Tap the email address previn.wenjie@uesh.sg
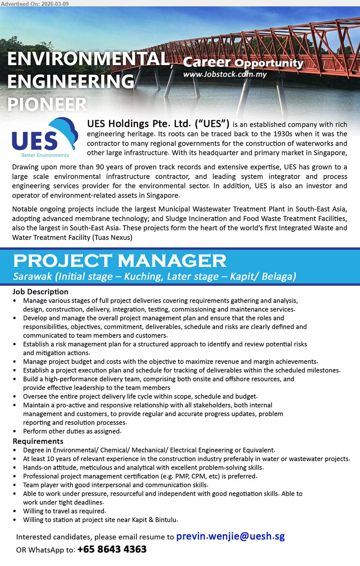pyautogui.click(x=230, y=536)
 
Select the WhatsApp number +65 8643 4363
pyautogui.click(x=112, y=549)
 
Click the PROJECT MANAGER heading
pyautogui.click(x=119, y=261)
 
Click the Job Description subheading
pyautogui.click(x=40, y=292)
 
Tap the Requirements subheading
pyautogui.click(x=38, y=442)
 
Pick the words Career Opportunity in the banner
pyautogui.click(x=243, y=63)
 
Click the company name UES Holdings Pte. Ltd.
pyautogui.click(x=158, y=124)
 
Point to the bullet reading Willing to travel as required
pyautogui.click(x=64, y=511)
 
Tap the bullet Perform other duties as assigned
pyautogui.click(x=72, y=431)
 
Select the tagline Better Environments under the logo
pyautogui.click(x=44, y=155)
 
